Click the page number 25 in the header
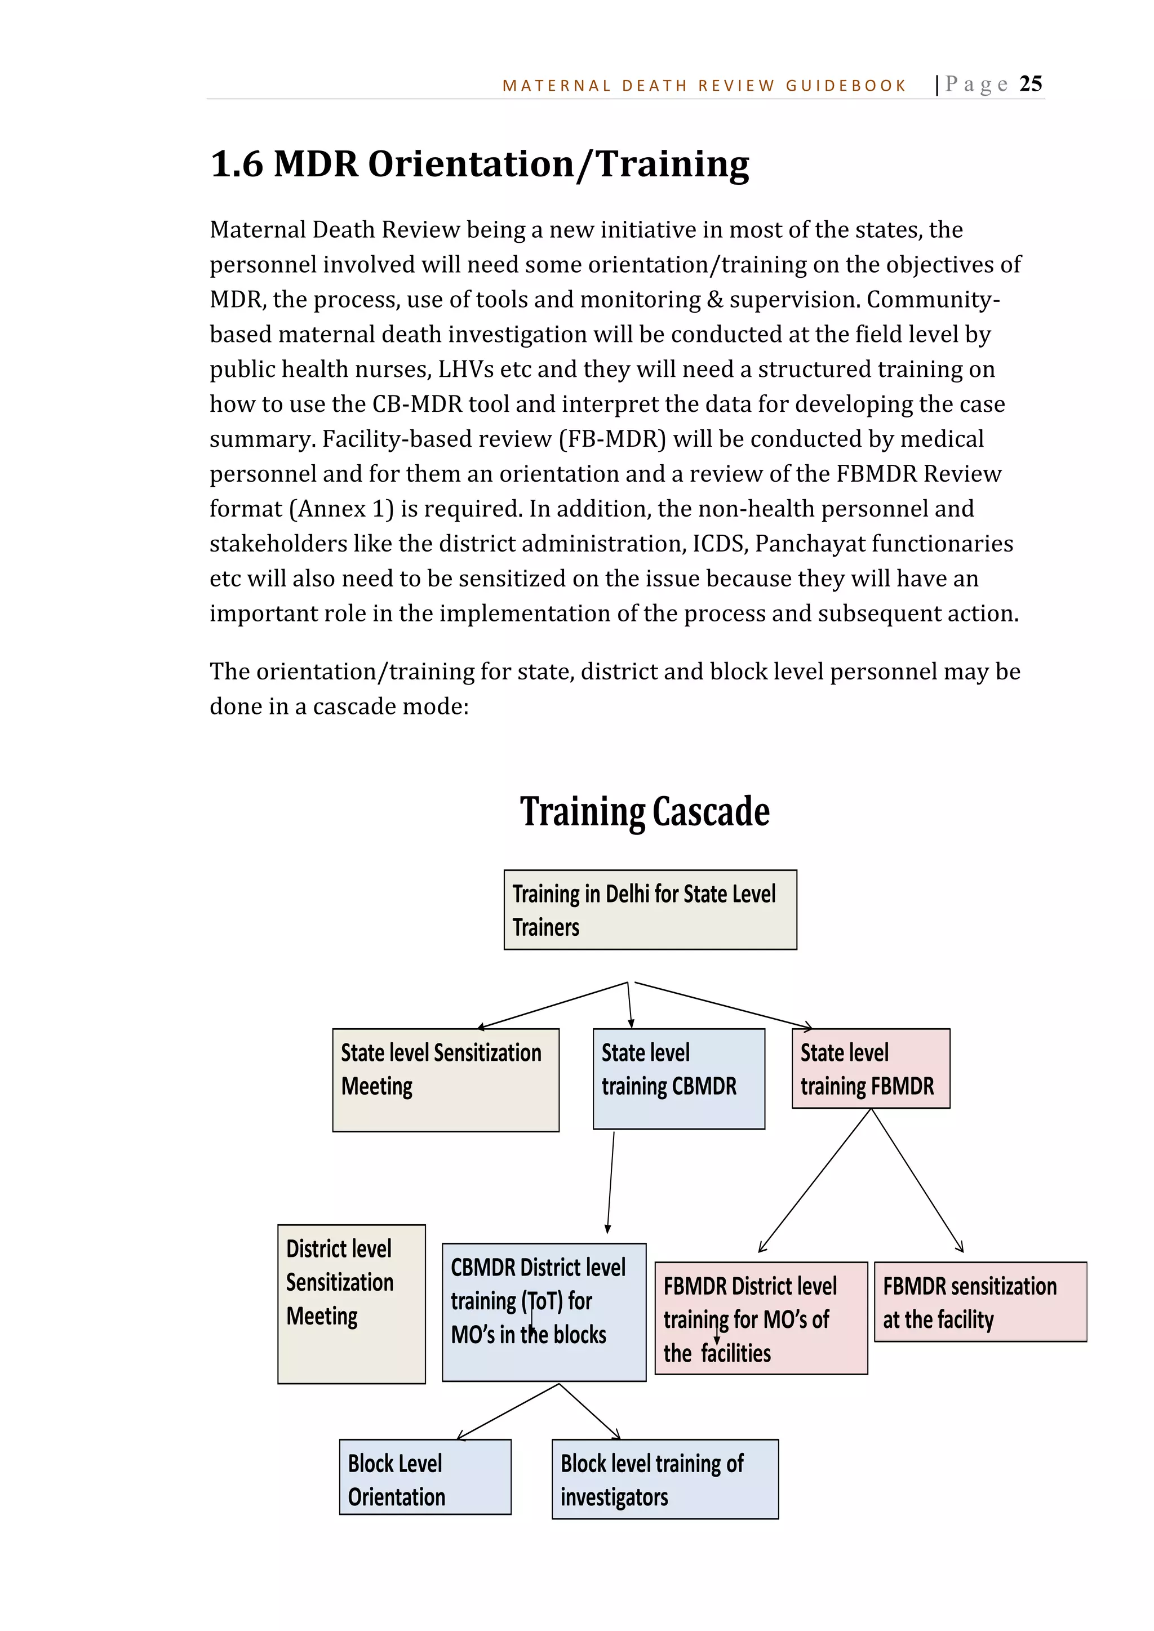click(x=1031, y=84)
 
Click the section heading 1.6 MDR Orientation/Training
click(x=480, y=164)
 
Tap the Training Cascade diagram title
click(x=645, y=811)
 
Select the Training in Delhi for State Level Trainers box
click(x=650, y=910)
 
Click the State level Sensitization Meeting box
click(x=446, y=1080)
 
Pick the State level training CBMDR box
click(x=678, y=1078)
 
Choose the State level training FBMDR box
click(x=871, y=1068)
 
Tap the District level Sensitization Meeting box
click(x=351, y=1304)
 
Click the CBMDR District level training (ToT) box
click(x=544, y=1312)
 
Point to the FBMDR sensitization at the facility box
click(x=980, y=1301)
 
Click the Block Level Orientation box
click(x=425, y=1477)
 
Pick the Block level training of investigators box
click(x=664, y=1479)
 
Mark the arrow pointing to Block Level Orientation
click(x=508, y=1411)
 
